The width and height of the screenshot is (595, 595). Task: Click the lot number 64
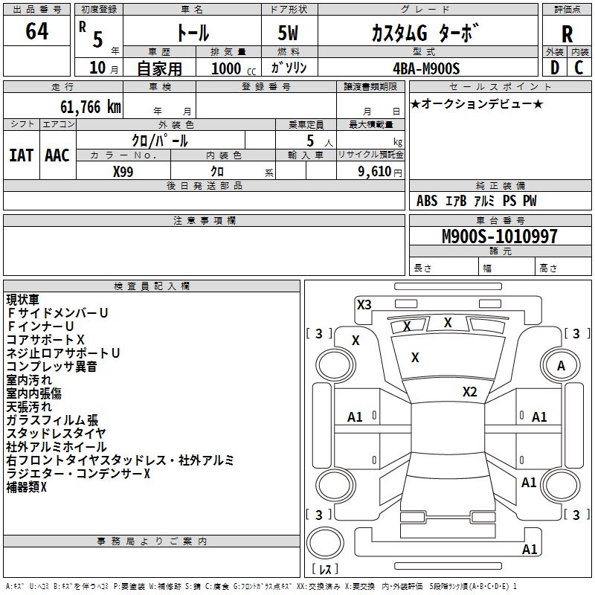36,32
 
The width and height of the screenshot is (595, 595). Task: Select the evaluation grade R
567,33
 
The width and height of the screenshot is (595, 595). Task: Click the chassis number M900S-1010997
499,237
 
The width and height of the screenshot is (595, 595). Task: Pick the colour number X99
123,171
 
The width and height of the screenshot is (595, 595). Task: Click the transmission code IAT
21,155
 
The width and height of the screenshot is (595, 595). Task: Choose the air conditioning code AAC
57,155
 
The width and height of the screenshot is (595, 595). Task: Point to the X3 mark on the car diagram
364,304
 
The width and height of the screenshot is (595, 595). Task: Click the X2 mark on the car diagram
469,392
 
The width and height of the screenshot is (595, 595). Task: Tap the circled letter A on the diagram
561,365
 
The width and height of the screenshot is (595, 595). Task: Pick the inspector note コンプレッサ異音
51,367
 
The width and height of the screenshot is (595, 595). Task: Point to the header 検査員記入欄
152,286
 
